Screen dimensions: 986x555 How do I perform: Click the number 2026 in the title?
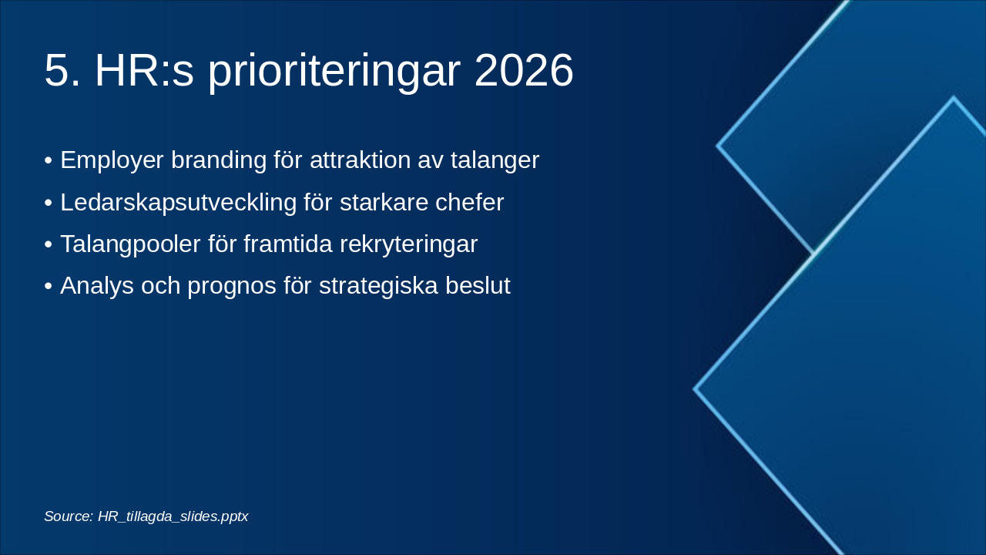click(524, 70)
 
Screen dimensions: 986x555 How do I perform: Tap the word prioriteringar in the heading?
click(334, 72)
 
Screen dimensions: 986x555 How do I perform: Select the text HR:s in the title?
click(144, 70)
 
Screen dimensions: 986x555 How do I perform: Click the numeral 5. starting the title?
click(62, 70)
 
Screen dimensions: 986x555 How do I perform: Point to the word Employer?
click(112, 161)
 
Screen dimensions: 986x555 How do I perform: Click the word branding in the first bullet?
click(219, 161)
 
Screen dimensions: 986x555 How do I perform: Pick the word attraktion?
click(360, 160)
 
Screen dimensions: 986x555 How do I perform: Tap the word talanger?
click(495, 161)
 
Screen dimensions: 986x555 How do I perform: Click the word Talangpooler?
click(130, 245)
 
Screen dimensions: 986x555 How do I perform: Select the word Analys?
click(97, 286)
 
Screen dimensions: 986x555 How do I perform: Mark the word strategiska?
click(378, 286)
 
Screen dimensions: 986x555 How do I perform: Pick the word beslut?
click(478, 285)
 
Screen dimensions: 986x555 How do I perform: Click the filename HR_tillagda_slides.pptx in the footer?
click(173, 516)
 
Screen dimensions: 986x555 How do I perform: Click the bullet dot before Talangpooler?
click(49, 245)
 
